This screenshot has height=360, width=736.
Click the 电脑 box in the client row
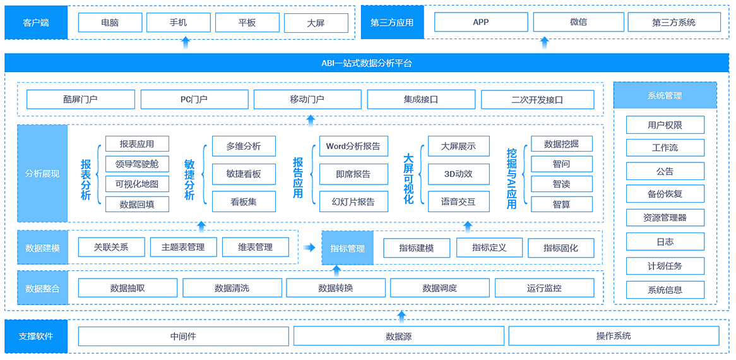pyautogui.click(x=110, y=23)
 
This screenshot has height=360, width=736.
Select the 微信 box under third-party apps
pyautogui.click(x=578, y=22)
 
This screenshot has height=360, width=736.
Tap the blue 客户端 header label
pyautogui.click(x=36, y=23)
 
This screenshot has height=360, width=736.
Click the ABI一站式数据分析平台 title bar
pyautogui.click(x=367, y=63)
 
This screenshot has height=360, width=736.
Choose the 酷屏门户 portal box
pyautogui.click(x=81, y=100)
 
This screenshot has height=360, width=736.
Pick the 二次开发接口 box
pyautogui.click(x=537, y=100)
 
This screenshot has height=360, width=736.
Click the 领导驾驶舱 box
pyautogui.click(x=137, y=164)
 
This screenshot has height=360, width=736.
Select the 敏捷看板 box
pyautogui.click(x=244, y=174)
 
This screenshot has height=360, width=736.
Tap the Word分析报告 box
pyautogui.click(x=353, y=147)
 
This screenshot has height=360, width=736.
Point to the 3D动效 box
pyautogui.click(x=458, y=174)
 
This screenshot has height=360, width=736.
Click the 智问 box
pyautogui.click(x=562, y=164)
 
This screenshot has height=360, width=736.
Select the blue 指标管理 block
pyautogui.click(x=348, y=248)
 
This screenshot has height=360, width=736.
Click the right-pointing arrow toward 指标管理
pyautogui.click(x=309, y=248)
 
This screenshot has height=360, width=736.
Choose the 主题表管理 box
pyautogui.click(x=183, y=247)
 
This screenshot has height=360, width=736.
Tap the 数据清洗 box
pyautogui.click(x=232, y=288)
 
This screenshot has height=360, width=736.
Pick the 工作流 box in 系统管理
pyautogui.click(x=665, y=148)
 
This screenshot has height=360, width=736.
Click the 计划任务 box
pyautogui.click(x=665, y=266)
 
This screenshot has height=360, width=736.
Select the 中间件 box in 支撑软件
pyautogui.click(x=183, y=336)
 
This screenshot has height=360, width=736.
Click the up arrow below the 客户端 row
pyautogui.click(x=186, y=42)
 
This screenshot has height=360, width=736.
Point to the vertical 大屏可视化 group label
pyautogui.click(x=408, y=179)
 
